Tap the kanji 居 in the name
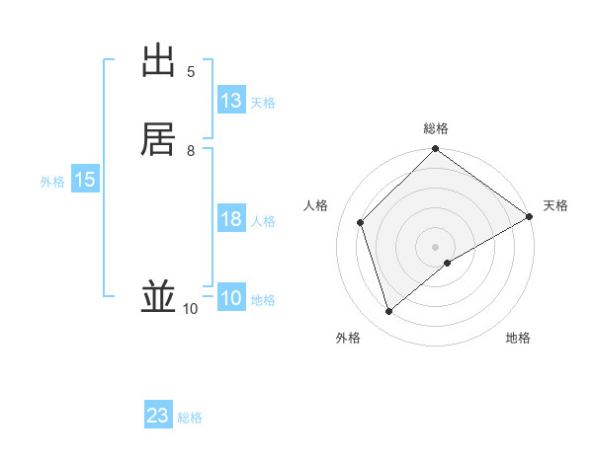tap(159, 139)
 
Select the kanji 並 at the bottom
tap(159, 297)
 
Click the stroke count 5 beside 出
tap(191, 72)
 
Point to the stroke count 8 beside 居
tap(191, 150)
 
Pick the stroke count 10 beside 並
tap(190, 309)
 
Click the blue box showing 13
tap(231, 101)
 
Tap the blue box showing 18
tap(231, 219)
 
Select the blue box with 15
tap(84, 180)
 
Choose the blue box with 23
tap(158, 416)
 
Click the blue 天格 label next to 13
tap(263, 103)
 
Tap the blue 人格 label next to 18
tap(263, 221)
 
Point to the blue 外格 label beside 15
tap(52, 182)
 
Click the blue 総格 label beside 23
tap(191, 418)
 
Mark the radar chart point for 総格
tap(436, 150)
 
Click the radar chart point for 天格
tap(529, 217)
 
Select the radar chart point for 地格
tap(448, 263)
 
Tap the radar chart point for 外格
tap(389, 312)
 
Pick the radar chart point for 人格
tap(361, 222)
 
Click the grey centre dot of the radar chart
tap(436, 247)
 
